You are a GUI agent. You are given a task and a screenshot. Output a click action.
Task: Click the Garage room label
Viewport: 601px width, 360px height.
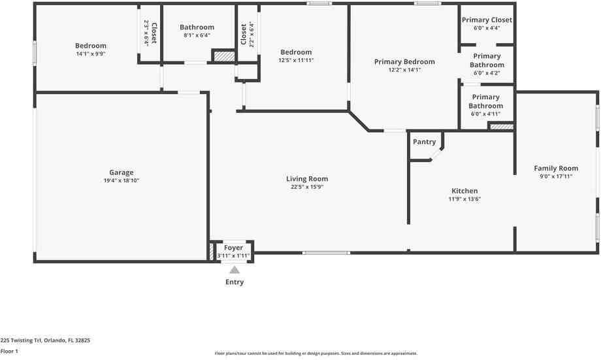121,173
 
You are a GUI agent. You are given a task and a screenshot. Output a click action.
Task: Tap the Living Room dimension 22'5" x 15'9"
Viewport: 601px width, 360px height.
307,187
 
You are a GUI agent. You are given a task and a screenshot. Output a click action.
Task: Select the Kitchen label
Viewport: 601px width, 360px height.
464,191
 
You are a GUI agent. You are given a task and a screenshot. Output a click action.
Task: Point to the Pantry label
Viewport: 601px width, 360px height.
425,142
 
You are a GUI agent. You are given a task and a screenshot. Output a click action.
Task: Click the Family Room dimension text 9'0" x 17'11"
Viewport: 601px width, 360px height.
556,176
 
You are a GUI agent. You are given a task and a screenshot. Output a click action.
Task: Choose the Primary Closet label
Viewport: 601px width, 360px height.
487,20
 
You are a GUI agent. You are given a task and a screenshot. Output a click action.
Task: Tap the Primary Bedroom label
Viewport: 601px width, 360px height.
404,61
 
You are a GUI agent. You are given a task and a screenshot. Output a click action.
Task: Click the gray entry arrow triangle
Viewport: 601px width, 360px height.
235,270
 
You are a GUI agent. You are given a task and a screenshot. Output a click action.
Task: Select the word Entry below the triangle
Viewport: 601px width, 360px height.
235,282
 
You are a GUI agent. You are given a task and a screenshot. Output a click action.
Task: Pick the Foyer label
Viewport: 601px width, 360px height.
233,248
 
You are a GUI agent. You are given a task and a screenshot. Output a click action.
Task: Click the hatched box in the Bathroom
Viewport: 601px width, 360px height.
224,56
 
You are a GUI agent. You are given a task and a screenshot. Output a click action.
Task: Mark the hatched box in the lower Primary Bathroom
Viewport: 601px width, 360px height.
502,127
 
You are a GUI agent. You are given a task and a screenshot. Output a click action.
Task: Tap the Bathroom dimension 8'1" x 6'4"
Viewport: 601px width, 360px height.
197,35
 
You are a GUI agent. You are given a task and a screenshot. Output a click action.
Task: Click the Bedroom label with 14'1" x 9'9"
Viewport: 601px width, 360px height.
91,46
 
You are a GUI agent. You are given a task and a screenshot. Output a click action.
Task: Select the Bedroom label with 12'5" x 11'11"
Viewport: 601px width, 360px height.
296,52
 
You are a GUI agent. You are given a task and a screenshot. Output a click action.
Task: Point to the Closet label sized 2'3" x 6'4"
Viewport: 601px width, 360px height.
154,33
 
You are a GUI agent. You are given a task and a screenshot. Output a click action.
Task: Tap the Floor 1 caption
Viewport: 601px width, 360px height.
9,352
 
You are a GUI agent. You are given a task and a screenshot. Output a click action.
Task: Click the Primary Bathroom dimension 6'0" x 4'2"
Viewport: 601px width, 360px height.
487,73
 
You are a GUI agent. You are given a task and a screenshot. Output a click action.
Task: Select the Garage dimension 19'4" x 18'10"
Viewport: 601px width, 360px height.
121,180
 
